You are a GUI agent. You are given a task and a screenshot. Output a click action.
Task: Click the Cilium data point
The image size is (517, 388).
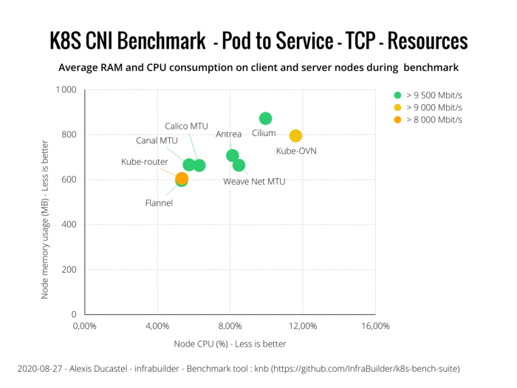click(265, 118)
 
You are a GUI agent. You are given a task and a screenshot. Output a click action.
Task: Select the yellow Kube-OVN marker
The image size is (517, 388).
click(295, 135)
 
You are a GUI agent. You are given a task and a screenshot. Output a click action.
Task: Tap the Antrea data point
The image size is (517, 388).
click(233, 155)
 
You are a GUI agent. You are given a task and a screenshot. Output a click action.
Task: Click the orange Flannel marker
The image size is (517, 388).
click(182, 178)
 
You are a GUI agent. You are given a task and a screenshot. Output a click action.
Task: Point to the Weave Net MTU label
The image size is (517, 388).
click(254, 181)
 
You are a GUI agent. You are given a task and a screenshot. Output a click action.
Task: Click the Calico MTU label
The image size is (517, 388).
click(186, 126)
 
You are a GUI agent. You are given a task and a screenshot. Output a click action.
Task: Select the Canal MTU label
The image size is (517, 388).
click(157, 140)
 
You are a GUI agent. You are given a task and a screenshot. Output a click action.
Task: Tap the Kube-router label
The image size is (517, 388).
click(144, 162)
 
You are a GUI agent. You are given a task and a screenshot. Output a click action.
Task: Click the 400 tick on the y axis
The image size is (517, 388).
click(69, 225)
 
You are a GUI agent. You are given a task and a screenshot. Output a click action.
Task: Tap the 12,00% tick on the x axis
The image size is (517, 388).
click(302, 326)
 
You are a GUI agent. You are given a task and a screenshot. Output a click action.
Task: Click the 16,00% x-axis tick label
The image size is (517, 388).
click(374, 326)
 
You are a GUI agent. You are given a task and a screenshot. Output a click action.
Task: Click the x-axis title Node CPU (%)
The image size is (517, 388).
click(230, 344)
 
